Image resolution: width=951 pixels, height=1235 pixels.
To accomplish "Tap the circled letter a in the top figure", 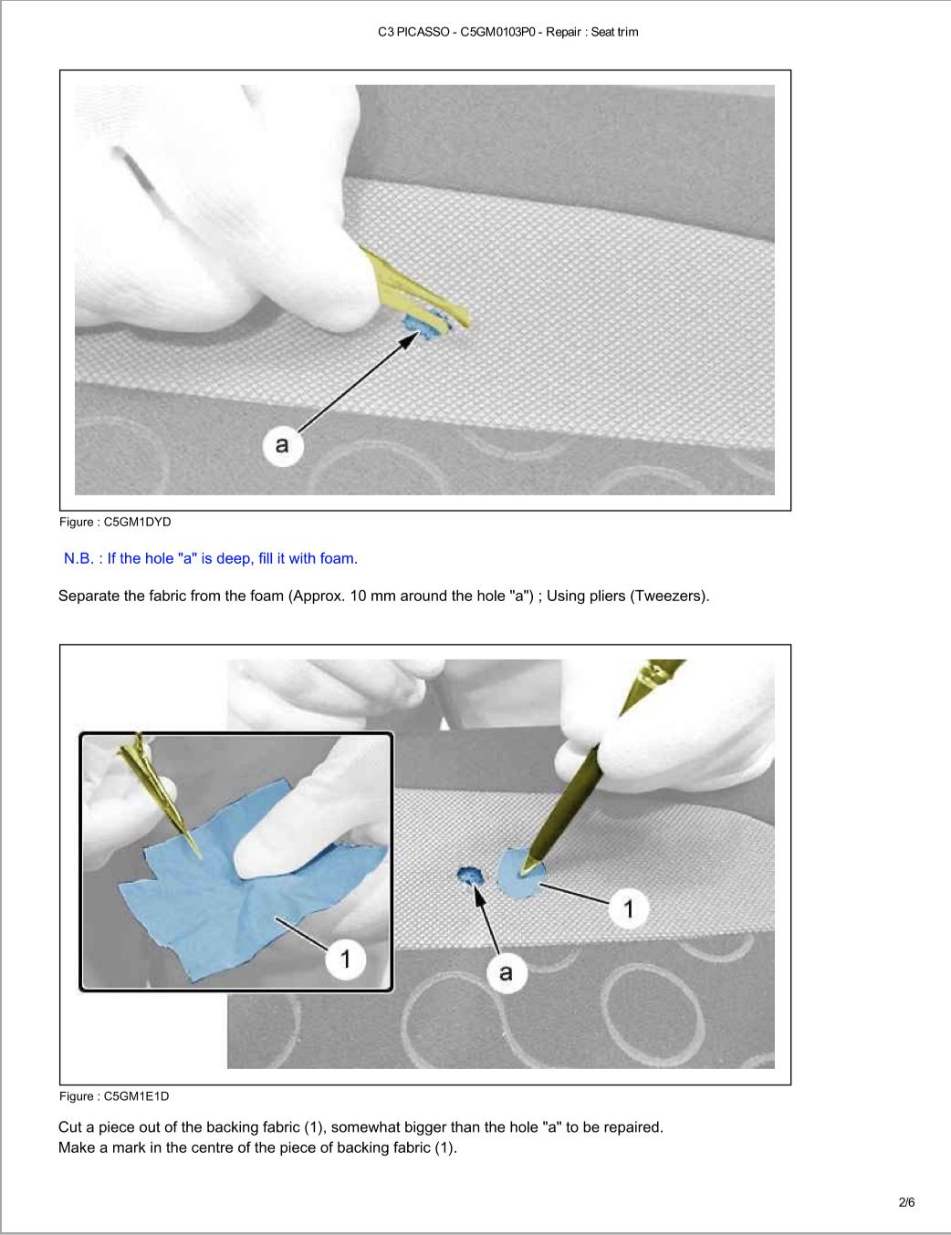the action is point(283,445).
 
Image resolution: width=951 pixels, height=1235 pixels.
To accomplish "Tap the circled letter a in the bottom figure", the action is point(506,973).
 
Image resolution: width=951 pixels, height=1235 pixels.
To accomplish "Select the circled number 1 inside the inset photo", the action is point(346,959).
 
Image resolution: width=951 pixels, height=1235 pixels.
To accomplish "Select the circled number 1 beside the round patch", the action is point(629,908).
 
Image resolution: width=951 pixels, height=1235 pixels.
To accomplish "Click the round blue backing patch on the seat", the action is point(519,875).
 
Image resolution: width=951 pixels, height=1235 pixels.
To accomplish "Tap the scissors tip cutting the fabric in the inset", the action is point(199,857).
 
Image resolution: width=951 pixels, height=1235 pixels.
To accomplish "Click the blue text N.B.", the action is point(79,559).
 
